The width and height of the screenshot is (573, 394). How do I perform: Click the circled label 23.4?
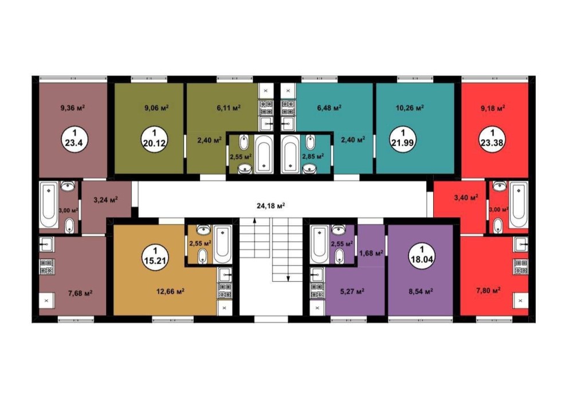[73, 138]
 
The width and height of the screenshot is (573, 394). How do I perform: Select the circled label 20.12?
[154, 138]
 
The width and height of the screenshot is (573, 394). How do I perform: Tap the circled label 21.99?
[403, 138]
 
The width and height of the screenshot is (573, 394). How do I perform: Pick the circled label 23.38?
[492, 138]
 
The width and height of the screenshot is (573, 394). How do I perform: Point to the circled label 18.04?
[422, 254]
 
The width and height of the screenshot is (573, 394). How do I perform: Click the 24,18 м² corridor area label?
[271, 205]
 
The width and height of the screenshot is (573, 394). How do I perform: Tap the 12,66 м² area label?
[170, 291]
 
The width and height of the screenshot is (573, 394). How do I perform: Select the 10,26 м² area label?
[410, 108]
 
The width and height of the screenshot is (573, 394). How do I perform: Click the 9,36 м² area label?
[73, 108]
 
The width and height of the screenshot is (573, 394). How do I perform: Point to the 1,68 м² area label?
[371, 252]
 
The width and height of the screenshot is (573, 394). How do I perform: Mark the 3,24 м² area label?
[105, 200]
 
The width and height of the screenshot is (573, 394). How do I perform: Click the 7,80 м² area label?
[488, 290]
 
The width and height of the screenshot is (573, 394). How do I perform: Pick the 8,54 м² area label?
[421, 291]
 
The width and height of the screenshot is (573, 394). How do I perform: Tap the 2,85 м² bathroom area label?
[313, 156]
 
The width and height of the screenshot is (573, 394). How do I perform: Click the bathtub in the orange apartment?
[222, 244]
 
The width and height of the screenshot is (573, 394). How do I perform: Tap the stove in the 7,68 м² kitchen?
[47, 267]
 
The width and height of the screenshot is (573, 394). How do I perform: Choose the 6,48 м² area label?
[329, 108]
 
